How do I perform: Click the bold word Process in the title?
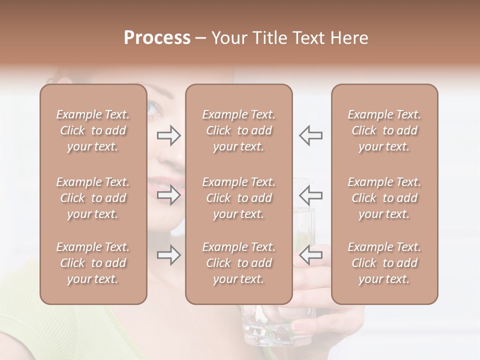click(157, 38)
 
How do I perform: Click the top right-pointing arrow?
click(168, 135)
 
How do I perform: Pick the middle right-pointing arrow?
click(168, 194)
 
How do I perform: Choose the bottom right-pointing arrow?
click(168, 255)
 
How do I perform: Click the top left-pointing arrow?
click(311, 135)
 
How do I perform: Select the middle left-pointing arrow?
click(311, 194)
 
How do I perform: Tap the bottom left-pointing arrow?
click(311, 255)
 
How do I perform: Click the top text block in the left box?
click(93, 130)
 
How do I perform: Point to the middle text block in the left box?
click(93, 198)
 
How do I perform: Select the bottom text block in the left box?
click(93, 263)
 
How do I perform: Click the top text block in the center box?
click(238, 130)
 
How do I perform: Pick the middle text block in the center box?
click(238, 198)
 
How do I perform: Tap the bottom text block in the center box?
click(238, 263)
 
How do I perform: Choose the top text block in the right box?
click(384, 130)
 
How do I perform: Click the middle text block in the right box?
click(384, 198)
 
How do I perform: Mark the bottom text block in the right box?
click(384, 263)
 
